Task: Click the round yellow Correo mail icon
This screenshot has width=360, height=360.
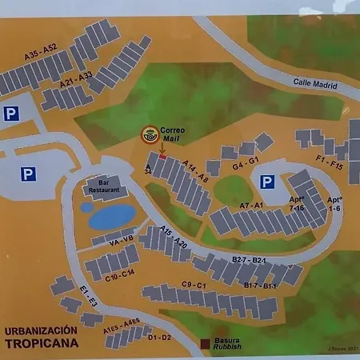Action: click(x=149, y=135)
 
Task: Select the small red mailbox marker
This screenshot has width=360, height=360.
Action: click(x=162, y=156)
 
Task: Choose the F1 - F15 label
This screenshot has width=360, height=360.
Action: click(x=328, y=163)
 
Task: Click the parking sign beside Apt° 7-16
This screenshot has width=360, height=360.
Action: click(x=267, y=182)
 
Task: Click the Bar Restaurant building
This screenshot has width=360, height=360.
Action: click(x=109, y=187)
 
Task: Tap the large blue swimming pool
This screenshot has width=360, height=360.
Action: click(x=112, y=216)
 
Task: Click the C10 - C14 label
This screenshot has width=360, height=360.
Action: click(x=119, y=274)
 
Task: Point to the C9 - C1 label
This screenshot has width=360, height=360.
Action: click(x=194, y=285)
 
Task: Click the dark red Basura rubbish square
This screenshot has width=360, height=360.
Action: click(x=205, y=345)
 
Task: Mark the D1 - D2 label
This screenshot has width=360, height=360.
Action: click(x=159, y=337)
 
